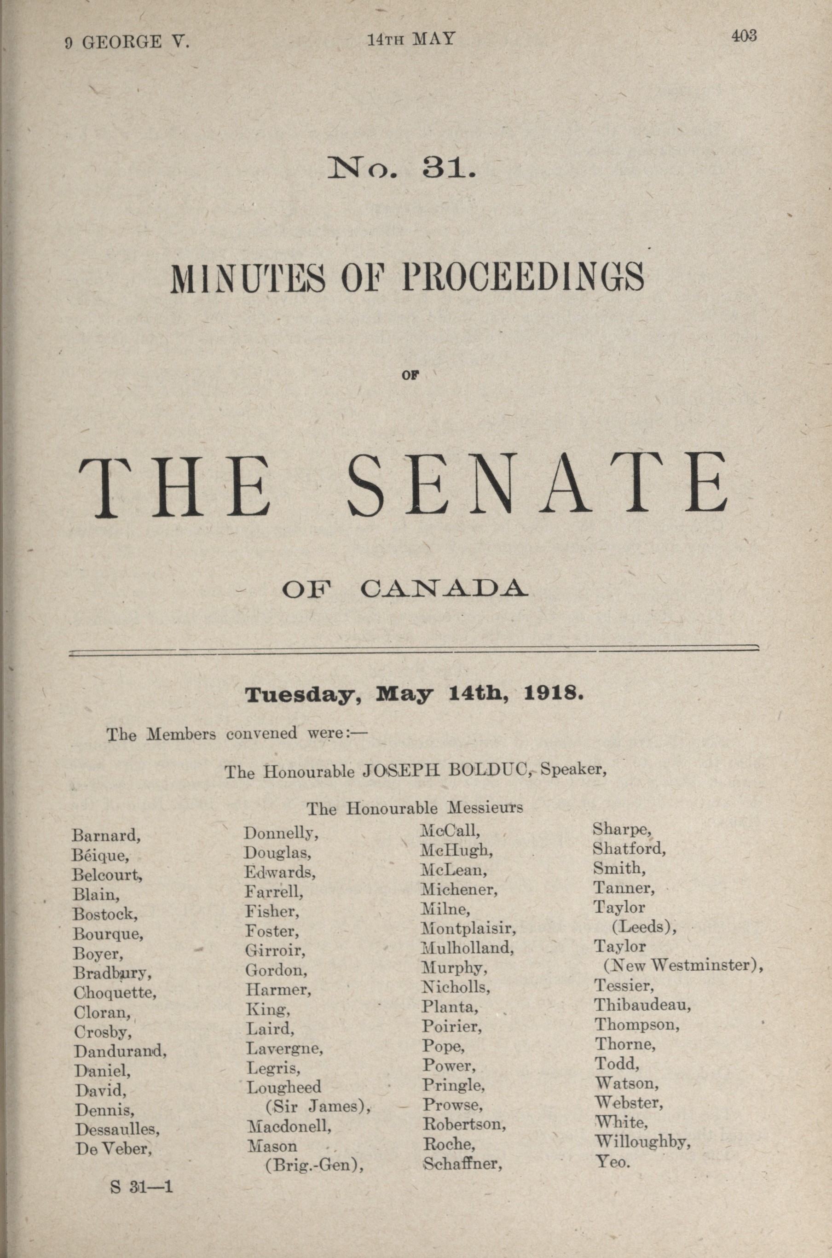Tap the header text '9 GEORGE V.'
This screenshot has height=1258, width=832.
tap(127, 42)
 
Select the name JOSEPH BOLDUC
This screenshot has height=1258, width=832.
tap(446, 770)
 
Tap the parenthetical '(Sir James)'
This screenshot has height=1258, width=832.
tap(317, 1106)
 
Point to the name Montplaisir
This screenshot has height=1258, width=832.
tap(468, 928)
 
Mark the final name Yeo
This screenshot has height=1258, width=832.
tap(612, 1161)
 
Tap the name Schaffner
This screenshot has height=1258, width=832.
tap(462, 1164)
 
